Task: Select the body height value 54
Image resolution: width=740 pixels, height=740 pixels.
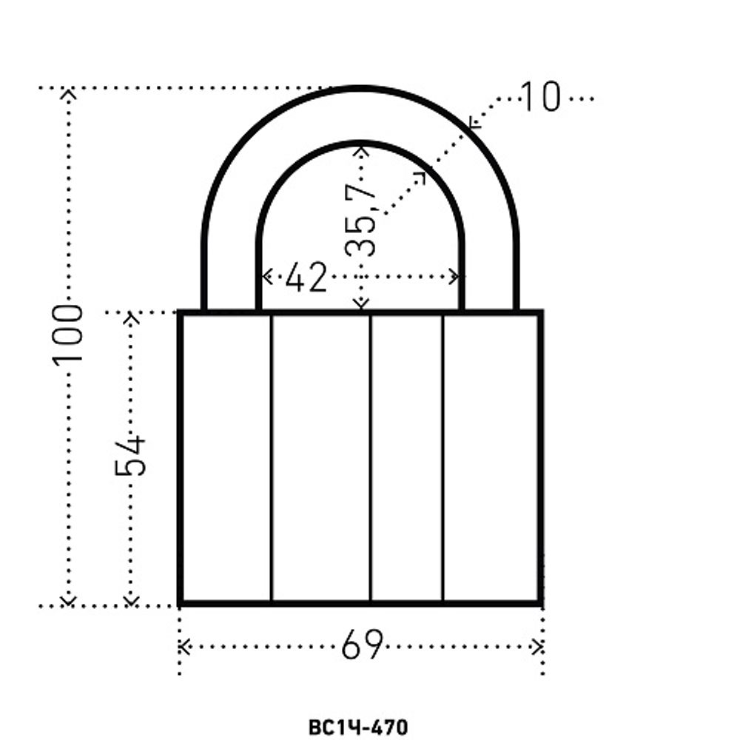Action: [130, 455]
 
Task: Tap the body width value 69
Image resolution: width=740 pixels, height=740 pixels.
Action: [362, 645]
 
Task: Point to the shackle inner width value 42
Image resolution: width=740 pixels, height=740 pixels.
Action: [306, 277]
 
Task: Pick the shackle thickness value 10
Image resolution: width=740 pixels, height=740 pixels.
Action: [540, 97]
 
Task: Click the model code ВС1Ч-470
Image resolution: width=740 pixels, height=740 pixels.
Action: [358, 727]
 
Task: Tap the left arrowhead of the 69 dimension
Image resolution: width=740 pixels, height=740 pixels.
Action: [184, 647]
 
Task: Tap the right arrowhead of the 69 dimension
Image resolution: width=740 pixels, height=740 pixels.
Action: [537, 647]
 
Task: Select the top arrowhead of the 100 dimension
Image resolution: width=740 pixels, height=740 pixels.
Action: [69, 93]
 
